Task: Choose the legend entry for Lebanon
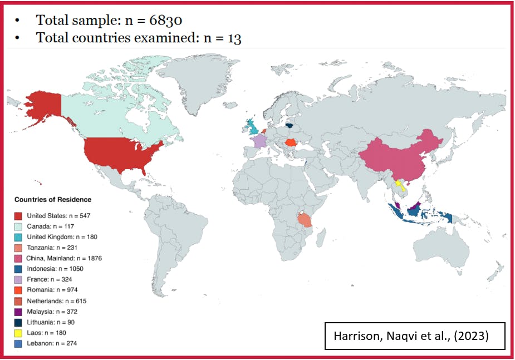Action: [x=52, y=343]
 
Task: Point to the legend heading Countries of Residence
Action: [x=53, y=200]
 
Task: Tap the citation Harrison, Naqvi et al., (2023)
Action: [x=414, y=336]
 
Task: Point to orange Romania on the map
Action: [x=290, y=143]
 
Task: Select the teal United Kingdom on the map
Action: [x=252, y=126]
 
